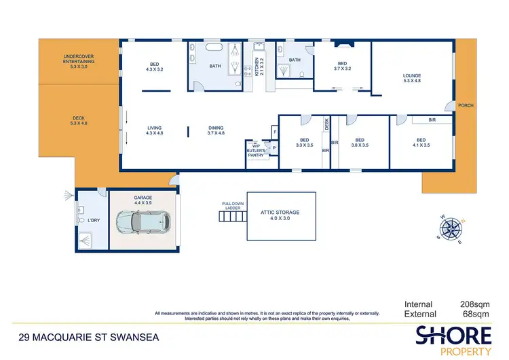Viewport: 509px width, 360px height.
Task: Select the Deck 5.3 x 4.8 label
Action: (x=79, y=121)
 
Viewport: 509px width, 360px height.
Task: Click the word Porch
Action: (x=466, y=105)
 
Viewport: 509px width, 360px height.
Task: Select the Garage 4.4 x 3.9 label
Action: (x=143, y=200)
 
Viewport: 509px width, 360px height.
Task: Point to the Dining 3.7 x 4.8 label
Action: (x=216, y=130)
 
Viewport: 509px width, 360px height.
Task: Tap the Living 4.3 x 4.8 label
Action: (x=155, y=130)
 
